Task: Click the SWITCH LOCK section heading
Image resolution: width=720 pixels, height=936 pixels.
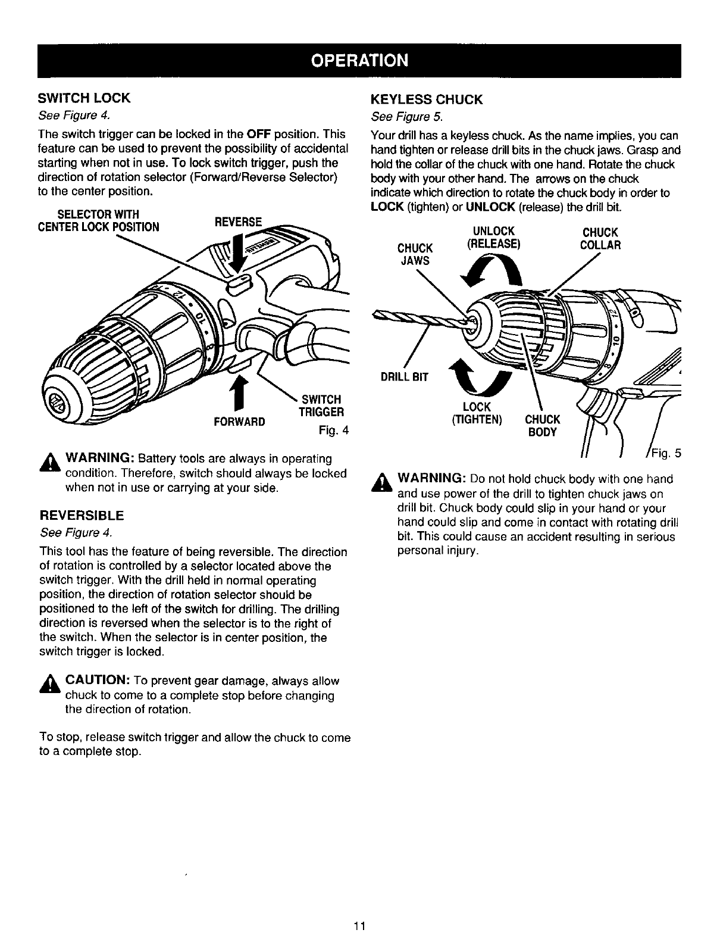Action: tap(84, 97)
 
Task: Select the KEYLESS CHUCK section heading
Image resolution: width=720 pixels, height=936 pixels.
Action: tap(426, 99)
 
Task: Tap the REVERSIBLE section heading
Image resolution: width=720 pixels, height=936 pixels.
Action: tap(82, 514)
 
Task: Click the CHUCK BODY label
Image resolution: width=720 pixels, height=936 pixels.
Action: tap(541, 425)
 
